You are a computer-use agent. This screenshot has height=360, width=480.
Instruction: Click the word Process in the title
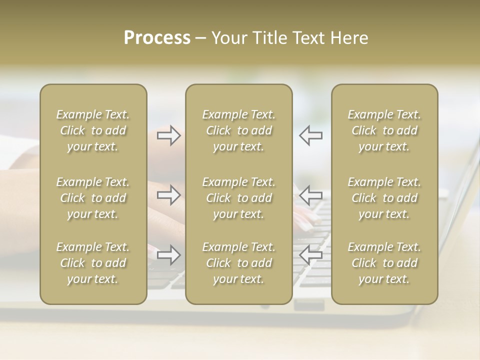(157, 38)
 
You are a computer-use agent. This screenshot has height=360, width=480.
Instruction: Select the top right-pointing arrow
(168, 135)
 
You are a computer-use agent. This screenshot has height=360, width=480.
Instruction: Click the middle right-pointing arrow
(168, 195)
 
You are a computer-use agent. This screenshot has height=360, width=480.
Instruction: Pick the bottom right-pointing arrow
(168, 255)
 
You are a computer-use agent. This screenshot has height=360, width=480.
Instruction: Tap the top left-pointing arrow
(310, 135)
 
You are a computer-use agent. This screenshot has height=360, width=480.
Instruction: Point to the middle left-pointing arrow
(310, 195)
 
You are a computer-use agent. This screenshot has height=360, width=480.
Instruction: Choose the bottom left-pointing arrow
(310, 255)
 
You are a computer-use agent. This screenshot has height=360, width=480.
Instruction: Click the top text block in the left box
(93, 130)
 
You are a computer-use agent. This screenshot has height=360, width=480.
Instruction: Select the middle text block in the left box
(93, 198)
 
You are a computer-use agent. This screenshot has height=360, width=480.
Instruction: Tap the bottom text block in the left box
(93, 263)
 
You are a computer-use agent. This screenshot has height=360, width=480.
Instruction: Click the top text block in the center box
(239, 130)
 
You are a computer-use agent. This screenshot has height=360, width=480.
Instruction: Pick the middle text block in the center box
(239, 198)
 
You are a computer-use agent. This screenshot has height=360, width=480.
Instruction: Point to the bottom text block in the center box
(239, 263)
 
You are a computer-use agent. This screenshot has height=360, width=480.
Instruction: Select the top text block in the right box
(384, 130)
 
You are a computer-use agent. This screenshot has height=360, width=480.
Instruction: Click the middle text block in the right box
(384, 198)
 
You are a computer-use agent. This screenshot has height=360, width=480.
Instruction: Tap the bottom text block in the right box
(384, 263)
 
